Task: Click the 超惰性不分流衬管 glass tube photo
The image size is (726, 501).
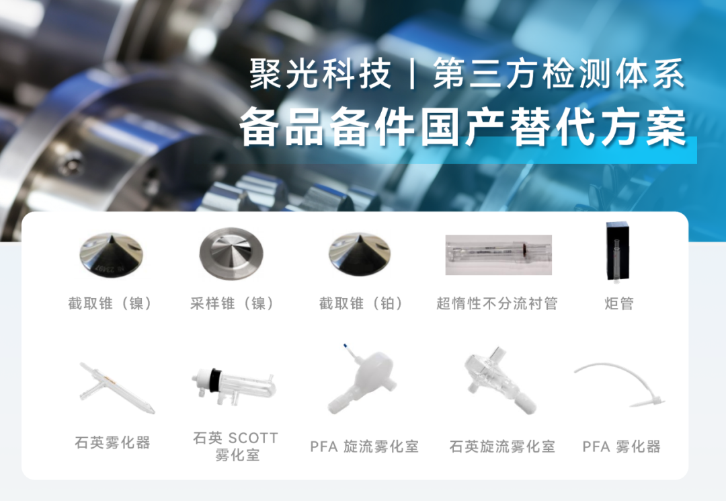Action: [498, 255]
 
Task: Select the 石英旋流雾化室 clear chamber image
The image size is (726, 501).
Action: [500, 381]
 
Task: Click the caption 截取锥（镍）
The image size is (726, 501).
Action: [111, 304]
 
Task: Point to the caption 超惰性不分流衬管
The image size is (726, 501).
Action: [497, 304]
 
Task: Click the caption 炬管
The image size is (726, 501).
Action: [618, 304]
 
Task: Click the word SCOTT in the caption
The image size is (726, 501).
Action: [253, 438]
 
